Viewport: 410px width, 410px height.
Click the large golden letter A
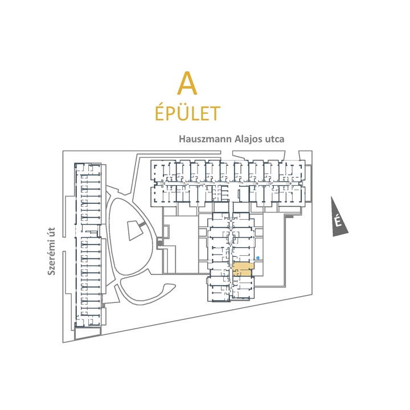(187, 83)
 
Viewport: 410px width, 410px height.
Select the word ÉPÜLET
(187, 113)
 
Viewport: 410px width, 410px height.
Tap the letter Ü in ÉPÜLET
(184, 113)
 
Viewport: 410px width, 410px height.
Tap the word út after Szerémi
(51, 235)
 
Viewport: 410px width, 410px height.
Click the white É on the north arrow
(338, 221)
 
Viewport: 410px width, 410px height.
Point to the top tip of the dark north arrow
(333, 198)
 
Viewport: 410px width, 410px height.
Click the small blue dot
(258, 258)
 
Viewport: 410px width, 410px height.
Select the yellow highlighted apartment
(241, 269)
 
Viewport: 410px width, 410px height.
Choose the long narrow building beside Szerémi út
(89, 245)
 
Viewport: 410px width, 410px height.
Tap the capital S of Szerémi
(51, 273)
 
